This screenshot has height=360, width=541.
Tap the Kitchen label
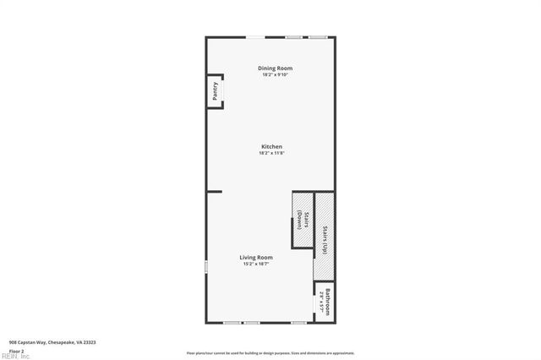[270, 146]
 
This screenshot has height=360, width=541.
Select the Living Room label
[255, 257]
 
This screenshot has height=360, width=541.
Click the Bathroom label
[326, 300]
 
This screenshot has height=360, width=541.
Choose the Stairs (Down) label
[299, 220]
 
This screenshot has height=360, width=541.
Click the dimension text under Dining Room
[276, 74]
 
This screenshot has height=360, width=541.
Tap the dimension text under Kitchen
[270, 153]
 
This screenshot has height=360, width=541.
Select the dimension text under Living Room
[255, 265]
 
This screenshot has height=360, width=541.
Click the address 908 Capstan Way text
[52, 342]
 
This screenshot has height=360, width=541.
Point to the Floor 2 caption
[17, 350]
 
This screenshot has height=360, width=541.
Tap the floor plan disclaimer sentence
[270, 353]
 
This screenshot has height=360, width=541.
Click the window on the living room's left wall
[206, 267]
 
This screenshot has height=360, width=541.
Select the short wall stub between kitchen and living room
[214, 192]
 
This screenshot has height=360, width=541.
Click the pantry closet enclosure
[216, 91]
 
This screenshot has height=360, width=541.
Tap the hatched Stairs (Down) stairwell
[302, 220]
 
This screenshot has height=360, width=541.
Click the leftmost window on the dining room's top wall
[253, 36]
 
